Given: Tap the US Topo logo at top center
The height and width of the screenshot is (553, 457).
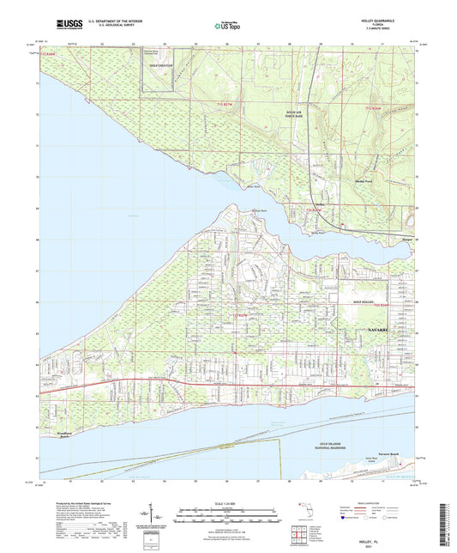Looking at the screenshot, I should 227,27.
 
